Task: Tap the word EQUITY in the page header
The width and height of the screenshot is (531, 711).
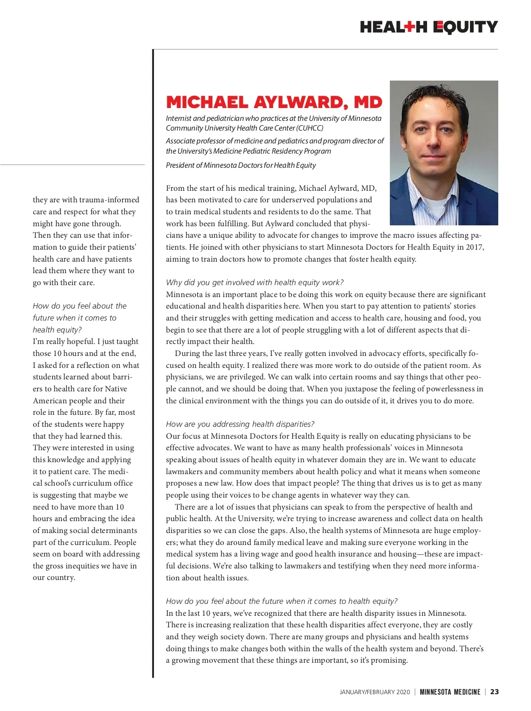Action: pyautogui.click(x=465, y=27)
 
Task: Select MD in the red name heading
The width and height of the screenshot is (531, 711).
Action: pyautogui.click(x=368, y=102)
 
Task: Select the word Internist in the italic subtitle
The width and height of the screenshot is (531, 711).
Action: pyautogui.click(x=178, y=118)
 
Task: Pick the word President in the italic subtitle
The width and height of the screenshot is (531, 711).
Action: pyautogui.click(x=180, y=165)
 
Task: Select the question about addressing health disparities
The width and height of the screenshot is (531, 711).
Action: pyautogui.click(x=240, y=424)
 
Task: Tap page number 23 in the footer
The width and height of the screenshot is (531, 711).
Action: pyautogui.click(x=494, y=692)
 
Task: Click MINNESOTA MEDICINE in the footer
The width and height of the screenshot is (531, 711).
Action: pyautogui.click(x=450, y=692)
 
